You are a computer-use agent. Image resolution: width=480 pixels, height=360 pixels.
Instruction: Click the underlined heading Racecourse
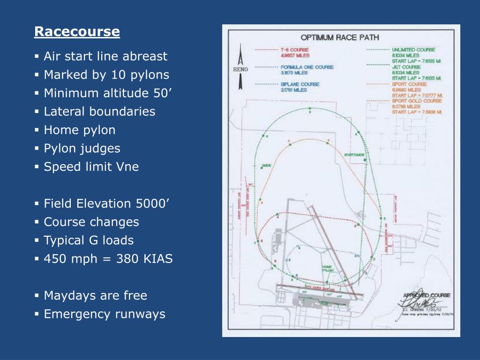[77, 32]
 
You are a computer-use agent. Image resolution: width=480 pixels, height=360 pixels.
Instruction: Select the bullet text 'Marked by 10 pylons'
[106, 75]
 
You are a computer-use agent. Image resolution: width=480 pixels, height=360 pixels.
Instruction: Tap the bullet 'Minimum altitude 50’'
[108, 93]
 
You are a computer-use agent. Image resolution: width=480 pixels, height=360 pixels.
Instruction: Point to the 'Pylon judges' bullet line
[82, 149]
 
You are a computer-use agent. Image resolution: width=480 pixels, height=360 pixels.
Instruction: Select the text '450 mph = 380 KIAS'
[108, 259]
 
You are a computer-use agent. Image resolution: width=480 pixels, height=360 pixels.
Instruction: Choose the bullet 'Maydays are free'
[95, 296]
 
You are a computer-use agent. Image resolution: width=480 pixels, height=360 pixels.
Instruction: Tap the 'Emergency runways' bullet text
[105, 314]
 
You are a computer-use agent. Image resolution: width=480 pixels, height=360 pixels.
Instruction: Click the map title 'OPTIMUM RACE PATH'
[340, 38]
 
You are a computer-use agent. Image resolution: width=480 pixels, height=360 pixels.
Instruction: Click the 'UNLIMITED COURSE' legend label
[413, 50]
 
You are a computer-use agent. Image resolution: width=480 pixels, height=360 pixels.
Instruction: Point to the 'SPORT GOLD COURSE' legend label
[416, 101]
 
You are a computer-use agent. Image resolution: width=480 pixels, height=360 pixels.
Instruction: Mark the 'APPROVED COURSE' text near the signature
[427, 295]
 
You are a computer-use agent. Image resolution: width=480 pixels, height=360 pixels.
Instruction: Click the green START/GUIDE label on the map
[354, 155]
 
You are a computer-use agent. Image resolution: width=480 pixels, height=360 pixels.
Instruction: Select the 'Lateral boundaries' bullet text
[99, 112]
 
